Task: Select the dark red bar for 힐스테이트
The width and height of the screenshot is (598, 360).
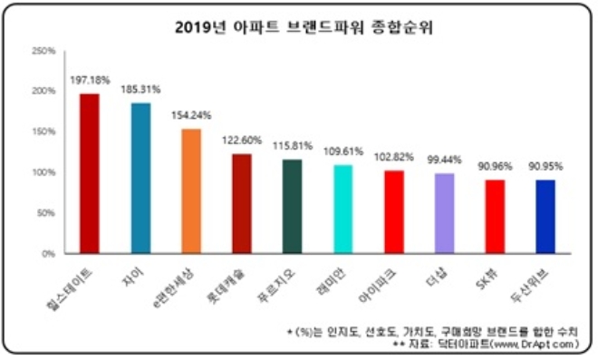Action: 90,173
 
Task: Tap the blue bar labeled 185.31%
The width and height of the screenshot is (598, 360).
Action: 140,178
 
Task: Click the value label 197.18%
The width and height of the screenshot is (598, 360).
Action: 90,81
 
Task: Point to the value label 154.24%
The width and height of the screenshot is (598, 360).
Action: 191,116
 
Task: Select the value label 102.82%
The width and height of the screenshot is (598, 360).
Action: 393,158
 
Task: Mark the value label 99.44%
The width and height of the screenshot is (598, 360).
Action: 443,160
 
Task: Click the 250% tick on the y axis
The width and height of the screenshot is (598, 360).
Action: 44,51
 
